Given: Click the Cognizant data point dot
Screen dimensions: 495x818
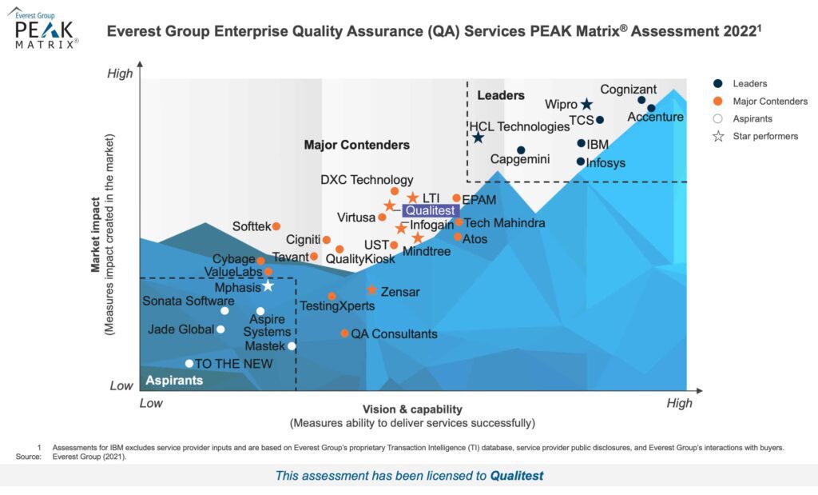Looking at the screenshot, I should click(641, 100).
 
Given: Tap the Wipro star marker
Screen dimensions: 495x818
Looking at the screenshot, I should click(586, 105).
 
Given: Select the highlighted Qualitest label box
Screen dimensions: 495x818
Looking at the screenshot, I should click(430, 210).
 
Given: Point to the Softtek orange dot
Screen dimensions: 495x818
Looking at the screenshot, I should click(276, 226).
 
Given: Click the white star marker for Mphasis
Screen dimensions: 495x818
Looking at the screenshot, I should click(268, 286).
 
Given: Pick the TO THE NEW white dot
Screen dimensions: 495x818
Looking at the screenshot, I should click(189, 364).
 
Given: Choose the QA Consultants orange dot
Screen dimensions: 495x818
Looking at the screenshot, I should click(344, 333).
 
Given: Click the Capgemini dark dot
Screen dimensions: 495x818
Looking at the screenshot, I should click(521, 150).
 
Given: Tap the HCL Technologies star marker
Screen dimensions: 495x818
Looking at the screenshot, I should click(478, 138).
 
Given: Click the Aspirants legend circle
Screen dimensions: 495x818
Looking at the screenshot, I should click(718, 118).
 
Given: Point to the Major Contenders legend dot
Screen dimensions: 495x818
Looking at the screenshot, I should click(718, 101).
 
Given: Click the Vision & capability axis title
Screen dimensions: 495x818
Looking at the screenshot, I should click(412, 409).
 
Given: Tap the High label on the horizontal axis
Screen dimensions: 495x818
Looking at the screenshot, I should click(679, 403).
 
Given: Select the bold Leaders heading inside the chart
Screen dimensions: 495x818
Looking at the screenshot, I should click(501, 96).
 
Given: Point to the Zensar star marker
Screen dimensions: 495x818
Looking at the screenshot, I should click(371, 289).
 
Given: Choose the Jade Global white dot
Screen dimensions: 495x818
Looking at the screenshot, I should click(220, 329).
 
